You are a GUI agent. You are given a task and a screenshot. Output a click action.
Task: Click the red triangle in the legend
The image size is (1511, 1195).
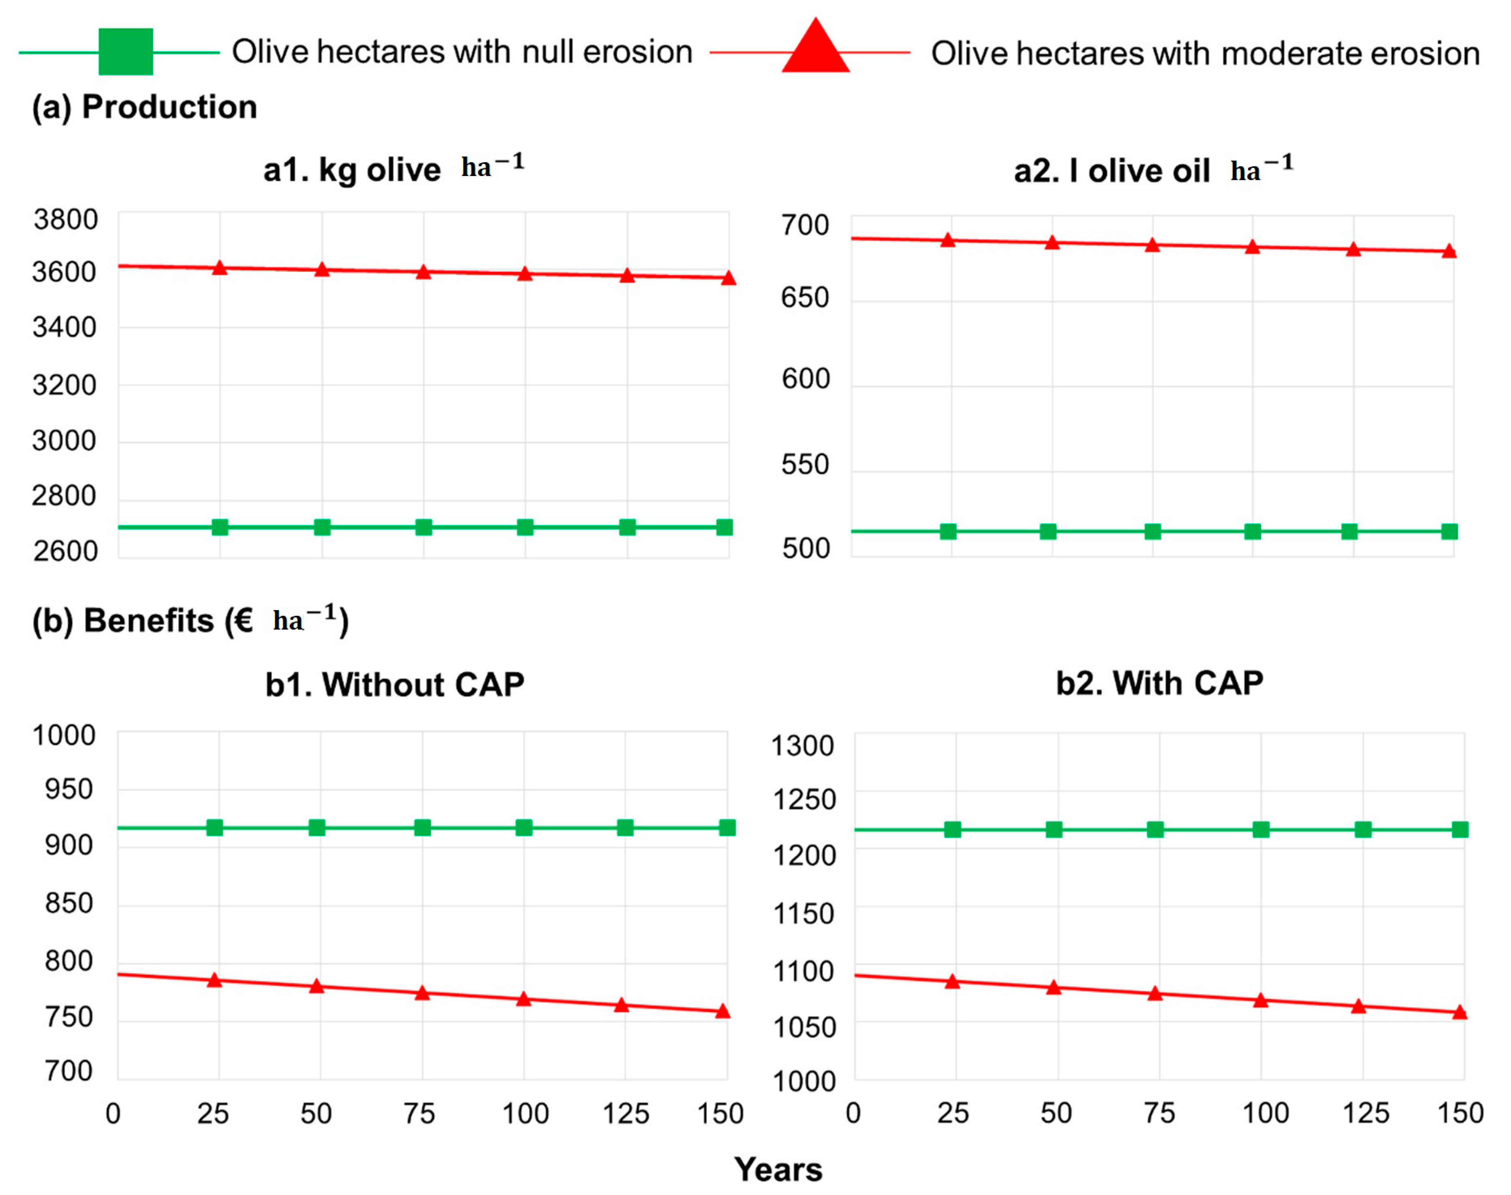tap(815, 47)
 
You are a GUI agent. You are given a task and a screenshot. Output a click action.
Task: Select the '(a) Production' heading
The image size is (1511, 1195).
tap(144, 107)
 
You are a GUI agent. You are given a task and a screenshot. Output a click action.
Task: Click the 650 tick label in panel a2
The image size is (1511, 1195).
tap(805, 298)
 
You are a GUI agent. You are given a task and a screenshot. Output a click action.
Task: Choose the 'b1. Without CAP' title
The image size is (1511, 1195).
tap(394, 684)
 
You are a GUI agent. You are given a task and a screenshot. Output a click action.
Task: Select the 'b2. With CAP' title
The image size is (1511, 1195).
tap(1159, 683)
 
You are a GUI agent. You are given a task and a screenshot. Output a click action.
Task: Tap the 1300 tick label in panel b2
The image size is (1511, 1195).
tap(802, 746)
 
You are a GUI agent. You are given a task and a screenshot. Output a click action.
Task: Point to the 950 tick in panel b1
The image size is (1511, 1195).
tap(69, 789)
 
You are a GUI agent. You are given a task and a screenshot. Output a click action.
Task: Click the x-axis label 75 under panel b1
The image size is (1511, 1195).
tap(419, 1113)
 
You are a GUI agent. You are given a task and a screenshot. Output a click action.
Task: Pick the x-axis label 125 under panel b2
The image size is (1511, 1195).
tap(1365, 1112)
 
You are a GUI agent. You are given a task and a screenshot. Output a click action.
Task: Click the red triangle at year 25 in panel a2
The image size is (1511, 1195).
tap(947, 241)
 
